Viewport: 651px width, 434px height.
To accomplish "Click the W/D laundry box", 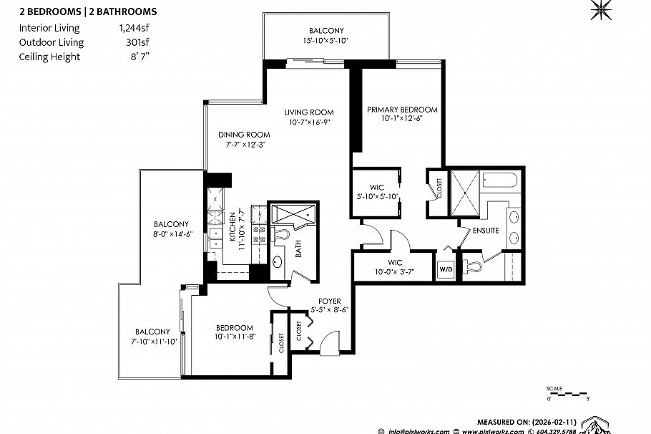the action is tap(446, 269).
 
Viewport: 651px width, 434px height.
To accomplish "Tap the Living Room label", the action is tap(309, 112).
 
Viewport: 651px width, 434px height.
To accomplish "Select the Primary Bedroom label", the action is tap(402, 110).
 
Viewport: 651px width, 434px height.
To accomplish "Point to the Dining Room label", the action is tap(244, 135).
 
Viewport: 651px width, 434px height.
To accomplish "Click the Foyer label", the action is tap(330, 301).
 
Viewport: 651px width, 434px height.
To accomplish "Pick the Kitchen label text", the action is tap(232, 226).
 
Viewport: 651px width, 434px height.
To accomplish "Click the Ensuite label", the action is tap(486, 231).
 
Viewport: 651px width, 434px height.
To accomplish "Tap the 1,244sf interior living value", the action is tap(134, 28).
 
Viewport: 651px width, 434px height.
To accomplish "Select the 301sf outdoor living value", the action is tap(137, 42).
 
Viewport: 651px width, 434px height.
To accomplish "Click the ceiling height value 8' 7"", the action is tap(140, 57).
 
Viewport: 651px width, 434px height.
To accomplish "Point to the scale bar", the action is tap(567, 393).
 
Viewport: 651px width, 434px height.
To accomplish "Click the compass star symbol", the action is tap(601, 9).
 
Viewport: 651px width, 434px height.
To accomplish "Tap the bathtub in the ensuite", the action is tap(500, 180).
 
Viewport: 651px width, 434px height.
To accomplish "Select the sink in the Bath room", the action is tap(278, 262).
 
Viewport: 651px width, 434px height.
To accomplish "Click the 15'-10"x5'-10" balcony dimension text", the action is tap(325, 41).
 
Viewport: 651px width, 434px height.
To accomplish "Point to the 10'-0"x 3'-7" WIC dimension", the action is tap(394, 272).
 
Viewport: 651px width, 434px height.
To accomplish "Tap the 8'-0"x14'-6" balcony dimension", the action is tap(172, 234).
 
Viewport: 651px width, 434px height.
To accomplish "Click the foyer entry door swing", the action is tap(331, 342).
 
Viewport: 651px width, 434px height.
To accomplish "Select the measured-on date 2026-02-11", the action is tap(554, 422).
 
